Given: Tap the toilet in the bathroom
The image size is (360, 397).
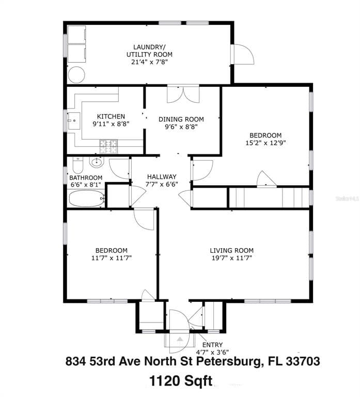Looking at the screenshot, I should click(x=77, y=165).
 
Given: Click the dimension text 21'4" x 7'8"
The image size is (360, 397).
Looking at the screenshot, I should click(x=149, y=62).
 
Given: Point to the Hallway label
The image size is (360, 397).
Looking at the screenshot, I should click(x=162, y=176).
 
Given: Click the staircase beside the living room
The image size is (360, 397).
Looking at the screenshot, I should click(x=269, y=197).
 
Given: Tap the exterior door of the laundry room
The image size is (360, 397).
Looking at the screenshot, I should click(x=243, y=54).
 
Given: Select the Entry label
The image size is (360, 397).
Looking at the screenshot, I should click(x=212, y=345).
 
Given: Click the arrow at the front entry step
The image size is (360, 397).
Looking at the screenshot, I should click(x=180, y=339).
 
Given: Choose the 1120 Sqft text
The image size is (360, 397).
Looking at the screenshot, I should click(x=180, y=381).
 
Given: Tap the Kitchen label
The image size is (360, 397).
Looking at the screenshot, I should click(x=111, y=116).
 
